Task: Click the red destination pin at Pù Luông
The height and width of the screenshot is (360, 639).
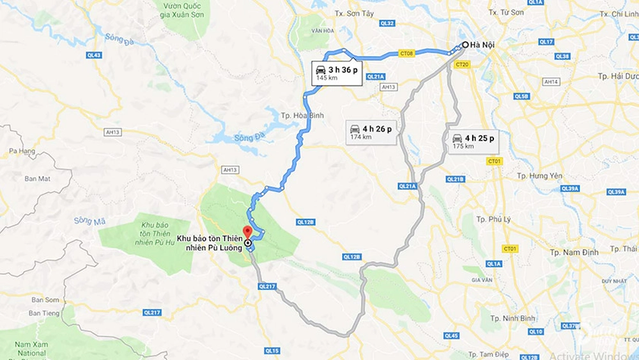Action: click(247, 232)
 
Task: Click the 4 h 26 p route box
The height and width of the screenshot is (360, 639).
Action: click(370, 132)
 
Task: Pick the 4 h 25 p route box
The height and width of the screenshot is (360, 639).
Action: click(472, 141)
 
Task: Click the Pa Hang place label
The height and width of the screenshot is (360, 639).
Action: click(23, 151)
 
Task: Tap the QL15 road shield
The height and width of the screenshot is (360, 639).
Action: click(272, 350)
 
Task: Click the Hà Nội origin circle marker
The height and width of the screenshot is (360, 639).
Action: click(465, 45)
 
